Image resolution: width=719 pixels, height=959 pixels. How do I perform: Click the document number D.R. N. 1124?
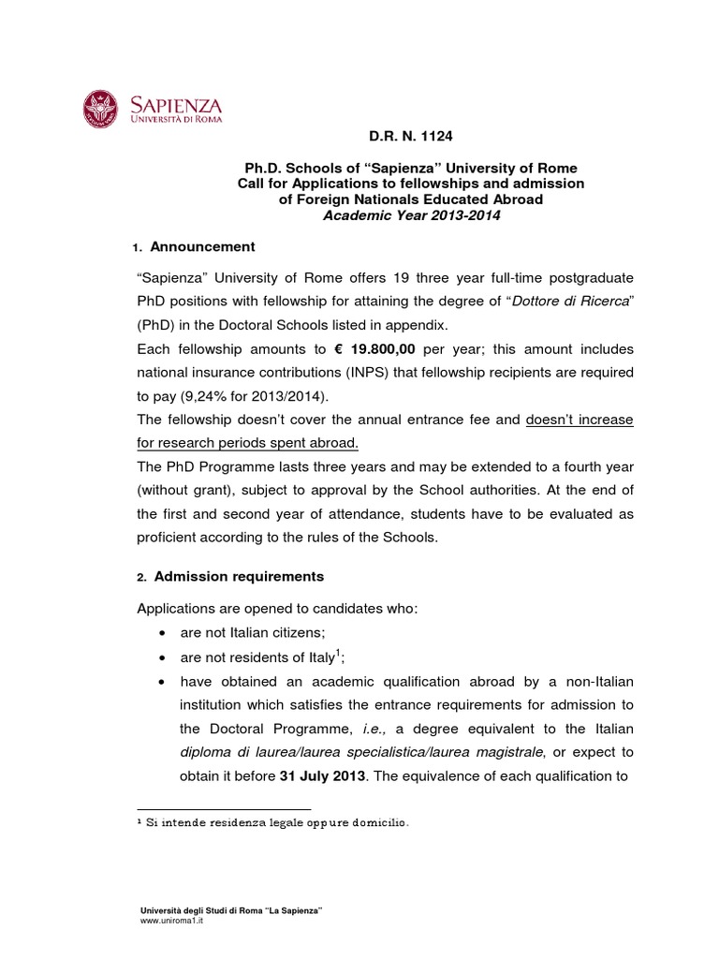410,137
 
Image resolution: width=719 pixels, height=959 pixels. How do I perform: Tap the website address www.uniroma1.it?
171,921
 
